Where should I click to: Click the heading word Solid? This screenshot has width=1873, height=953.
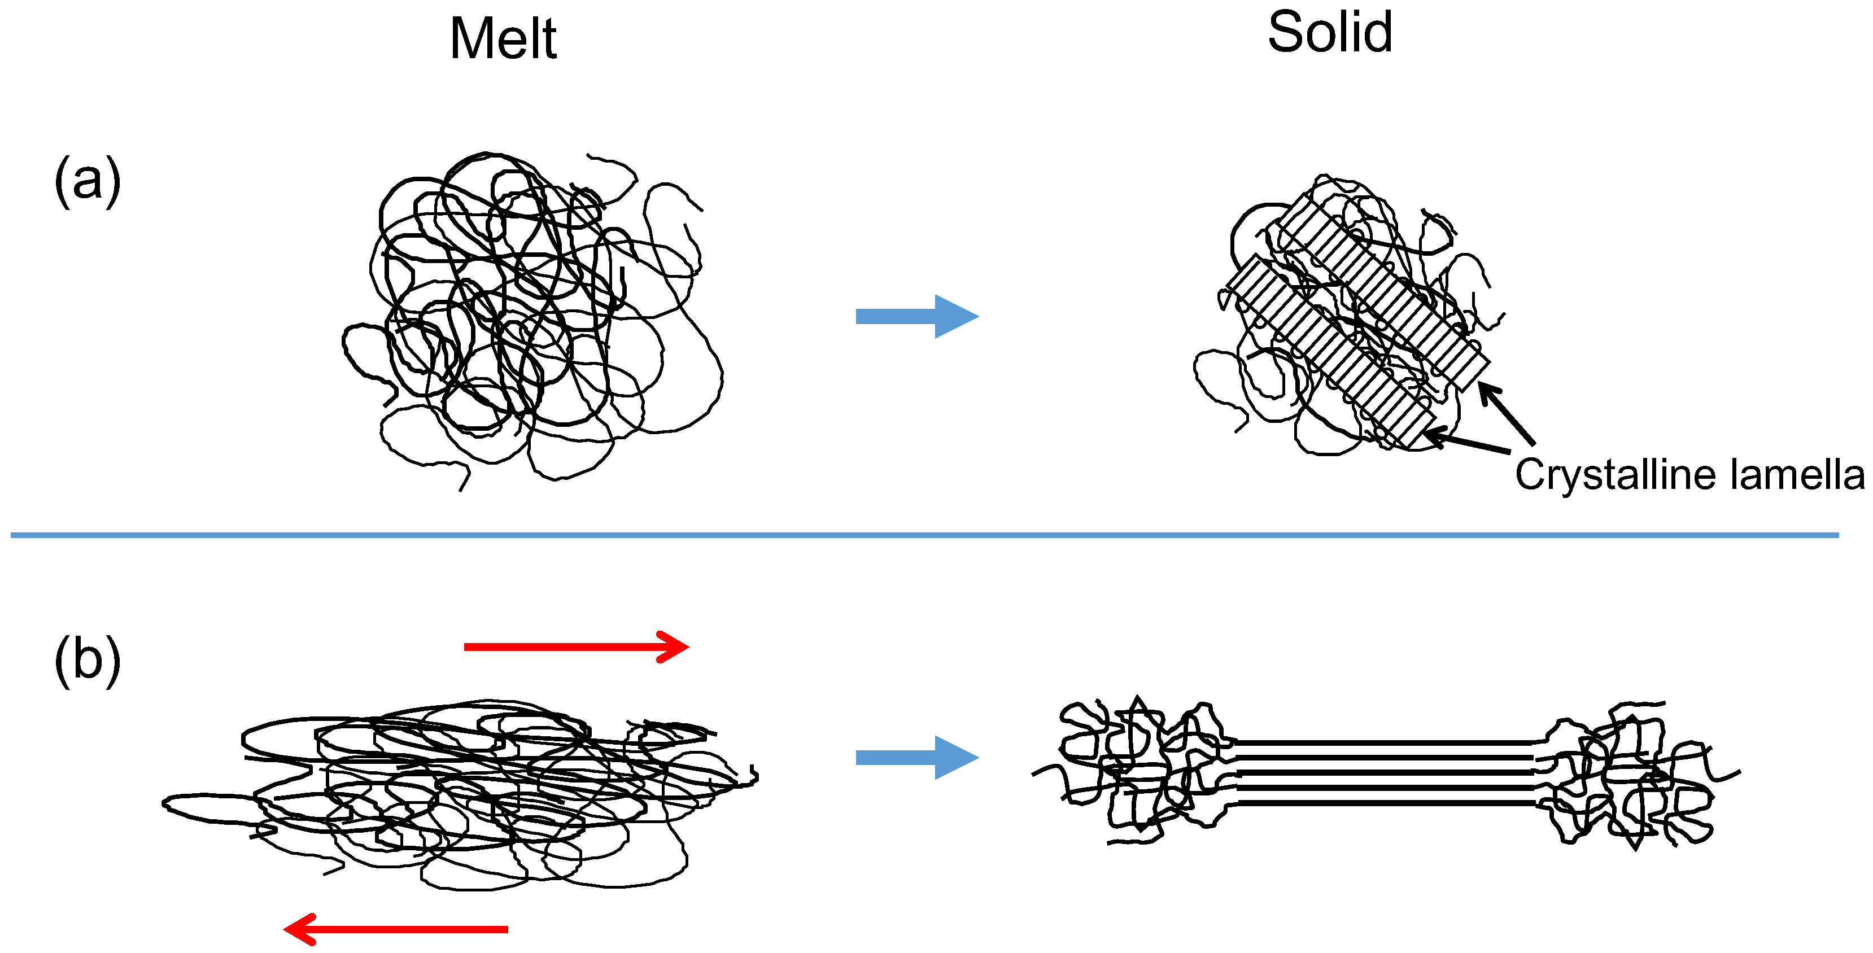pyautogui.click(x=1330, y=33)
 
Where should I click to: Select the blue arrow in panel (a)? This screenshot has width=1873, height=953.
pyautogui.click(x=916, y=316)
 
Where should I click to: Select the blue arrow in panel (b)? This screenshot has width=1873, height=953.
pyautogui.click(x=916, y=758)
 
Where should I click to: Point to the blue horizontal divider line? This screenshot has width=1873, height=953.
pyautogui.click(x=923, y=535)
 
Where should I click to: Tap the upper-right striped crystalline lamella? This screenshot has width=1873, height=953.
pyautogui.click(x=1382, y=291)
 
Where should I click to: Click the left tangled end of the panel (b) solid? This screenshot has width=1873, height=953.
pyautogui.click(x=1134, y=771)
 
